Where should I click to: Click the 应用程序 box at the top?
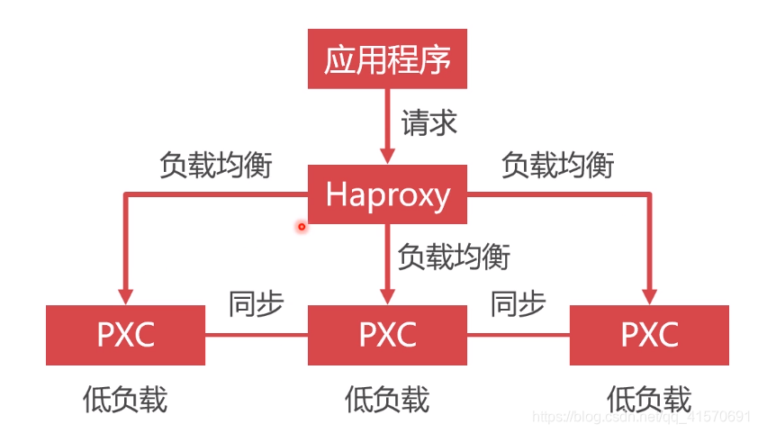pyautogui.click(x=387, y=59)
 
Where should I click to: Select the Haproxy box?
pyautogui.click(x=387, y=194)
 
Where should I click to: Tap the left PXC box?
pyautogui.click(x=125, y=335)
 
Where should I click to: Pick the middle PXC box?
pyautogui.click(x=387, y=335)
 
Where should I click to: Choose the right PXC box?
pyautogui.click(x=649, y=335)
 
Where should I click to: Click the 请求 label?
pyautogui.click(x=429, y=122)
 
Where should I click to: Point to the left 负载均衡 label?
pyautogui.click(x=215, y=165)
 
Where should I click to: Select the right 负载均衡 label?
pyautogui.click(x=558, y=165)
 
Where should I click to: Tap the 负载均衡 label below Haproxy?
pyautogui.click(x=454, y=257)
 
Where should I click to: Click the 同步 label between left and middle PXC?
pyautogui.click(x=257, y=304)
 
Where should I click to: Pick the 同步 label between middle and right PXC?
pyautogui.click(x=518, y=304)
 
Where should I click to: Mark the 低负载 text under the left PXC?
pyautogui.click(x=125, y=399)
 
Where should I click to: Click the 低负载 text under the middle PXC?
pyautogui.click(x=387, y=399)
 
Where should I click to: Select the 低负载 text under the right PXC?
pyautogui.click(x=649, y=399)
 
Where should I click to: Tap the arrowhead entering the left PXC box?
pyautogui.click(x=125, y=296)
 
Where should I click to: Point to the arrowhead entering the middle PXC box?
pyautogui.click(x=387, y=296)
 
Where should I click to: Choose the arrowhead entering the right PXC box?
pyautogui.click(x=649, y=296)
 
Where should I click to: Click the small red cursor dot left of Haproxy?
pyautogui.click(x=302, y=227)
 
